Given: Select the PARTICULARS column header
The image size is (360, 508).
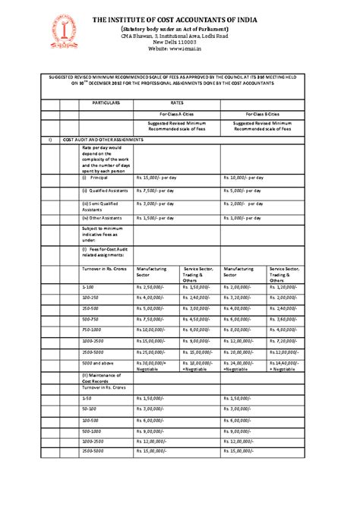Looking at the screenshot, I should point(106,101).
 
